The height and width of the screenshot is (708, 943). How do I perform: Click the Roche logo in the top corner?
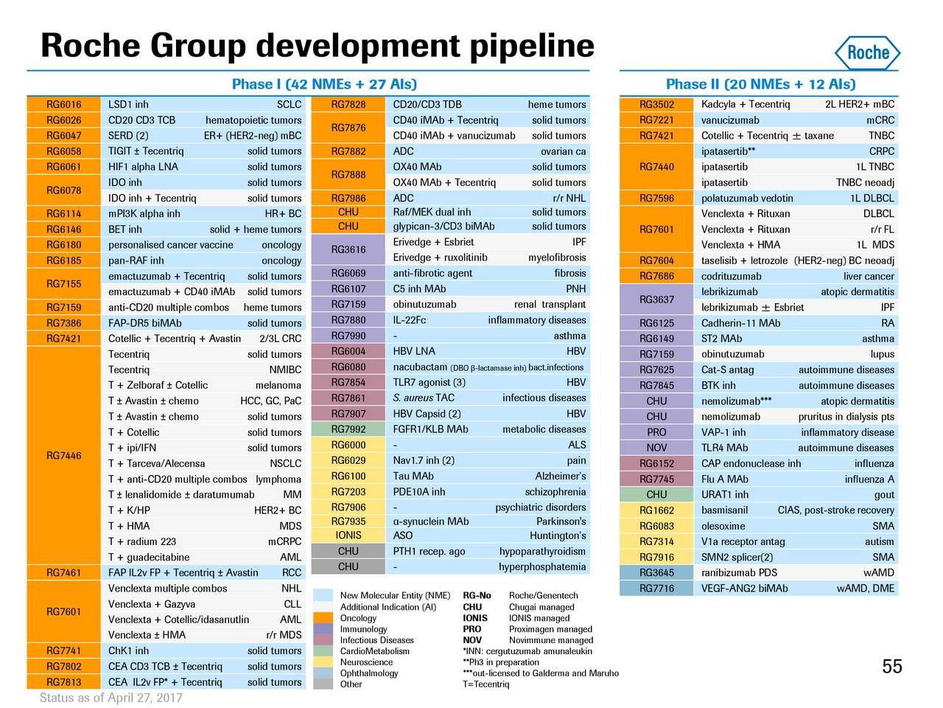point(868,52)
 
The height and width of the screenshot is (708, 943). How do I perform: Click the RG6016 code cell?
point(63,105)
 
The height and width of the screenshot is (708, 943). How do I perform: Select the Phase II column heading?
point(760,84)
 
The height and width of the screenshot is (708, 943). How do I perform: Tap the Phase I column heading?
point(324,84)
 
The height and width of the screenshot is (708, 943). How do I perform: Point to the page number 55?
point(891,667)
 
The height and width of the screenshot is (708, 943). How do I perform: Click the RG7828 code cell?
point(348,105)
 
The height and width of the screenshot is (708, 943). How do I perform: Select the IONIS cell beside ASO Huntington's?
point(348,535)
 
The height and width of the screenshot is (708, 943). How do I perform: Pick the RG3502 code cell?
point(656,105)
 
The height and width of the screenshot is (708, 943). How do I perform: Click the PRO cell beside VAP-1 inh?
point(656,432)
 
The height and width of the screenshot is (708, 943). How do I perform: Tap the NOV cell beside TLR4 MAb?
point(656,448)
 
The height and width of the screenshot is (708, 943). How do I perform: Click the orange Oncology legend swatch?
point(323,618)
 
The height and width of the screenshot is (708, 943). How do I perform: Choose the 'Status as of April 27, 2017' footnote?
point(111,698)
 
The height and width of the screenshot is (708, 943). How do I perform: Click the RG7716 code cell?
point(656,589)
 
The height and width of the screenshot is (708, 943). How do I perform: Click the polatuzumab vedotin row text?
point(747,198)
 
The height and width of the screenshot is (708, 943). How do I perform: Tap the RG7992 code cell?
point(348,429)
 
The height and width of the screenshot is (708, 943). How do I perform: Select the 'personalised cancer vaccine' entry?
point(170,245)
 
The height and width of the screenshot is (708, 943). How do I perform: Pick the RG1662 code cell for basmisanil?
point(656,510)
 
